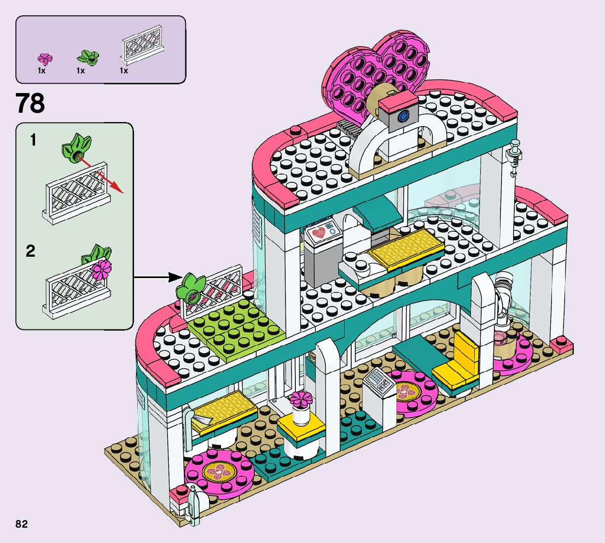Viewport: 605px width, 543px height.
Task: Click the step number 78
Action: coord(31,103)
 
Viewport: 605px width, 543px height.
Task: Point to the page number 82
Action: coord(22,524)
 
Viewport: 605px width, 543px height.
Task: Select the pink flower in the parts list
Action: coord(44,58)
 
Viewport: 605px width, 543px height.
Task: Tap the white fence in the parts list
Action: coord(142,49)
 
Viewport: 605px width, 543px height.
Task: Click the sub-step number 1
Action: coord(33,141)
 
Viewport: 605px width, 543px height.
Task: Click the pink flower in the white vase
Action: coord(299,399)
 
